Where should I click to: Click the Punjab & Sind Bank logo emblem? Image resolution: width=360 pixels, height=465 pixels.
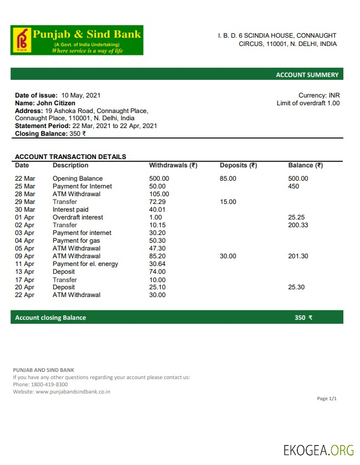tap(22, 39)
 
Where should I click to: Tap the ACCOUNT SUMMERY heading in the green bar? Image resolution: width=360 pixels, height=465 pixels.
tap(307, 75)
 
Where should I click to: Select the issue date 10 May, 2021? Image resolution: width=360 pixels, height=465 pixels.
tap(81, 95)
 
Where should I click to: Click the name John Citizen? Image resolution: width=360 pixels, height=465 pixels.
tap(56, 103)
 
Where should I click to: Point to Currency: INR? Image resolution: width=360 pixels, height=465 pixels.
tap(319, 95)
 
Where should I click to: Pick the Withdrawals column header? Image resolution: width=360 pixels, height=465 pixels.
tap(173, 165)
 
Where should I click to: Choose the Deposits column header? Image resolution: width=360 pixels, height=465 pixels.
tap(238, 165)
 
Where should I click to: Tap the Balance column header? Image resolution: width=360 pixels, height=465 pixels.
tap(305, 165)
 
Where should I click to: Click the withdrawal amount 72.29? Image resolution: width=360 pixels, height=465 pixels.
tap(158, 202)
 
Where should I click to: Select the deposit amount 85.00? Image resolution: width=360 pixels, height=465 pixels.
tap(228, 178)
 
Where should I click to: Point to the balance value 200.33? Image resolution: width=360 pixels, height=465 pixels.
tap(298, 225)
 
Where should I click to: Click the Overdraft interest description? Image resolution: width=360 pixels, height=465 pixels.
tap(78, 217)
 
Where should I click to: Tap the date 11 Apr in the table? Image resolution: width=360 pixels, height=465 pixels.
tap(24, 264)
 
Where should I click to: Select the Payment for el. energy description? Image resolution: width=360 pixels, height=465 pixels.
tap(85, 264)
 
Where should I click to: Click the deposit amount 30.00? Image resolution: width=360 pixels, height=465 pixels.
tap(228, 256)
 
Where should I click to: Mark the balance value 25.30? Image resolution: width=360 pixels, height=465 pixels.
tap(296, 287)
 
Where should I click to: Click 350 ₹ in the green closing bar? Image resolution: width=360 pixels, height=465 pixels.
tap(303, 318)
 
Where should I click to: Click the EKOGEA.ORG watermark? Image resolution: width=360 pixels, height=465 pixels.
tap(318, 449)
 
